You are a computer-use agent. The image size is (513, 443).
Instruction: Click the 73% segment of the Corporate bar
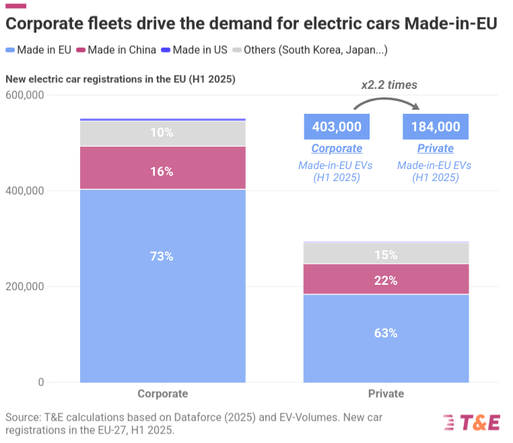(x=162, y=285)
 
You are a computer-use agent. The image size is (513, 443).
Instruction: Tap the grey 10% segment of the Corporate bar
(x=162, y=133)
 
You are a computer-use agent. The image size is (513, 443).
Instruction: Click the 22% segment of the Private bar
(x=386, y=279)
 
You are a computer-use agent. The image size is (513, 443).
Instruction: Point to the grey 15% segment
(x=386, y=253)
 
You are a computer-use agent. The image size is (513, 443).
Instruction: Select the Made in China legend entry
(x=117, y=50)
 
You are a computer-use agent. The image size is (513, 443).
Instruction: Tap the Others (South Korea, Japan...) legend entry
(x=309, y=50)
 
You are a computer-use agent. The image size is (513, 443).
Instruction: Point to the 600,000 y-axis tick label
(x=24, y=95)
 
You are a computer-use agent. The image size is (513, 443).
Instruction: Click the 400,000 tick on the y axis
(x=24, y=191)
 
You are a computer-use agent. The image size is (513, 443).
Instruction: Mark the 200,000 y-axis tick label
(x=24, y=286)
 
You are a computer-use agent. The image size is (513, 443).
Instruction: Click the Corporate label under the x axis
(x=162, y=394)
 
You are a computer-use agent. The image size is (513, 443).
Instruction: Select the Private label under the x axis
(x=386, y=394)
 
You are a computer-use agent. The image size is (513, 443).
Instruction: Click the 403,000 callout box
(x=337, y=127)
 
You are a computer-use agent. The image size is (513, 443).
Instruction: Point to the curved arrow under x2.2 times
(x=386, y=102)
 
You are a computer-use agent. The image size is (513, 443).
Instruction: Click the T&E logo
(x=471, y=422)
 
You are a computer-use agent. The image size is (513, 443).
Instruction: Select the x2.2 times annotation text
(x=389, y=85)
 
